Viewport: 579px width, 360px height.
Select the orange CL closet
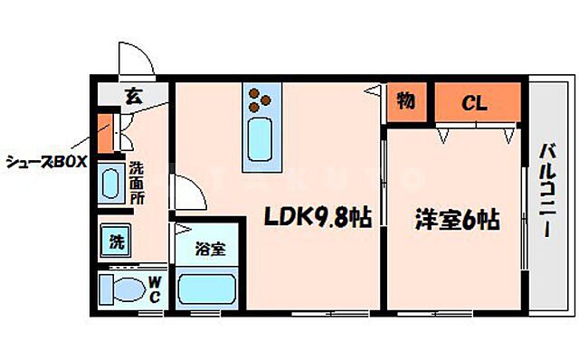point(477,102)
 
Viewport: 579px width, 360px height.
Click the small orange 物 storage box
point(405,102)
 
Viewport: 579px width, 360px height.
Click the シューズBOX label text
point(45,162)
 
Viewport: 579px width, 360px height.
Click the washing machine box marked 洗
point(118,242)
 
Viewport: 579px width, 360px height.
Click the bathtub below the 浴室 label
point(207,289)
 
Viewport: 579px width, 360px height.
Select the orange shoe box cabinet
point(104,133)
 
